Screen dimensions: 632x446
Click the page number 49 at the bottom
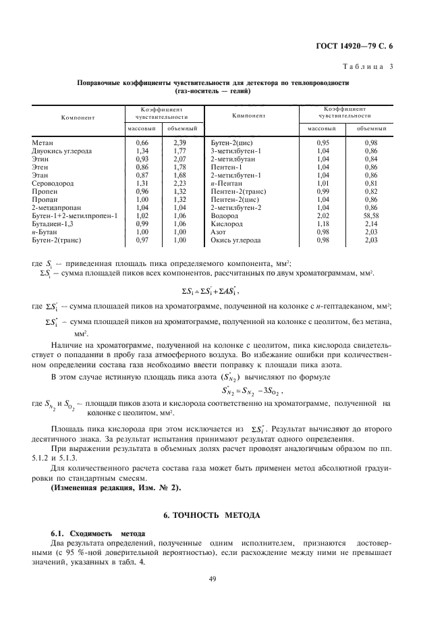click(x=222, y=577)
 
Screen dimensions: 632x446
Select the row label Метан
click(x=43, y=143)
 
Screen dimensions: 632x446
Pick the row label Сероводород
click(x=53, y=182)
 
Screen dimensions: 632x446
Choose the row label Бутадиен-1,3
click(x=52, y=223)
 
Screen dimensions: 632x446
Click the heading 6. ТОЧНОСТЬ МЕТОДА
click(x=222, y=515)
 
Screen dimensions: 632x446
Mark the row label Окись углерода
click(x=235, y=240)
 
